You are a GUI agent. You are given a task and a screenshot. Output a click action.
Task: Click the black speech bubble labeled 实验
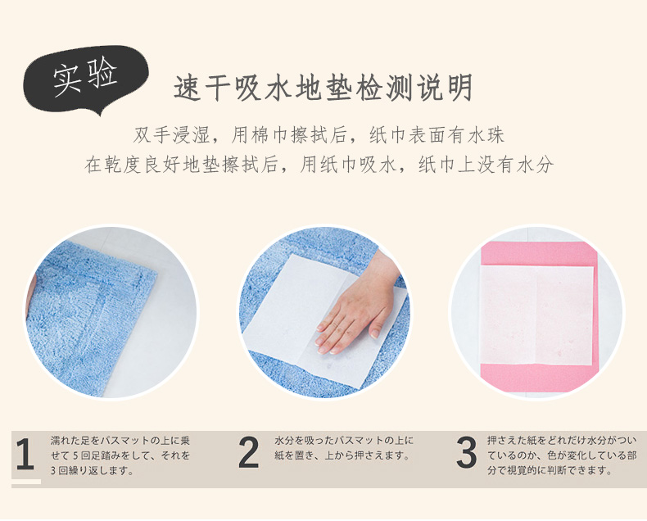(84, 79)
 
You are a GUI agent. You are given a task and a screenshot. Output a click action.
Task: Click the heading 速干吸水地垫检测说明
(323, 88)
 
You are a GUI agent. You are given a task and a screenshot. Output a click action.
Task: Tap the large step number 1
(25, 455)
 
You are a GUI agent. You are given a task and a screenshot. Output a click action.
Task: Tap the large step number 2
(249, 453)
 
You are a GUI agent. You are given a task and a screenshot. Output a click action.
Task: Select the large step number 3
(467, 453)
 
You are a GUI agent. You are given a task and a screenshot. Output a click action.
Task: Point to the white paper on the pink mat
(536, 316)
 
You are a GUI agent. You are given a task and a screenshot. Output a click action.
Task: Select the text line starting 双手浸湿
(319, 135)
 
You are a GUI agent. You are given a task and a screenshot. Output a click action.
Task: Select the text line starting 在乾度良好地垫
(319, 165)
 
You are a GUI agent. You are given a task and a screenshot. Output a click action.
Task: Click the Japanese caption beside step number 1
(120, 455)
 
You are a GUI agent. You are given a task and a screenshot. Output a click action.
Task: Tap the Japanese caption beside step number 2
(344, 448)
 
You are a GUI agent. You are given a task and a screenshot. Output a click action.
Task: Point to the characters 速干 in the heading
(202, 88)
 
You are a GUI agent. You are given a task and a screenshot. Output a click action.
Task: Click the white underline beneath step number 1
(26, 482)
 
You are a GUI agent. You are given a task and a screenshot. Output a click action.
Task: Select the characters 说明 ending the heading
(445, 88)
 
